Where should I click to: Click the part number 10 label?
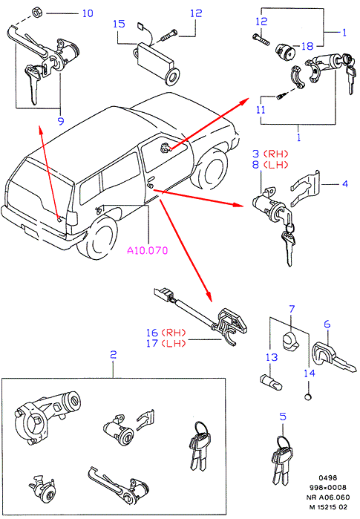(88, 13)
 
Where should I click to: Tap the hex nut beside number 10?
(36, 13)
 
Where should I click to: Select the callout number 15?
(119, 24)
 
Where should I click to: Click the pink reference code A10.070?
(148, 250)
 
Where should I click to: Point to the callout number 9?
(61, 121)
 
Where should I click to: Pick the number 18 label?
(307, 46)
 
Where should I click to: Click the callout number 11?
(261, 110)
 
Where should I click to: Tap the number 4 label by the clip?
(345, 183)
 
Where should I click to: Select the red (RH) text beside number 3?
(275, 154)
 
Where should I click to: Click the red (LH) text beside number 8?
(275, 165)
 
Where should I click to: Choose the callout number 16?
(152, 333)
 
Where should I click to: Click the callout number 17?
(152, 343)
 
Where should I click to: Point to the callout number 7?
(292, 309)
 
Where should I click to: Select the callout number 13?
(272, 357)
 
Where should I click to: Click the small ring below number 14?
(308, 396)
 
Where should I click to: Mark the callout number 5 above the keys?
(283, 417)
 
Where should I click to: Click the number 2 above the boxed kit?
(113, 355)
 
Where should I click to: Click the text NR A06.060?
(327, 497)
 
